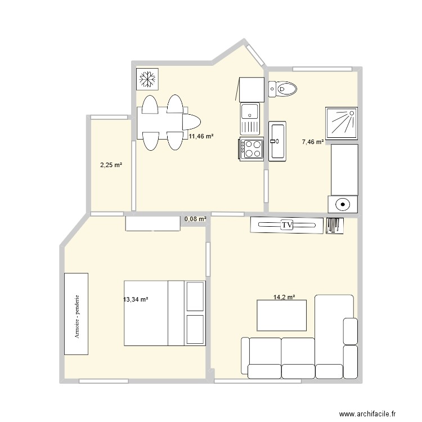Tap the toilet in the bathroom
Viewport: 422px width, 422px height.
[x=283, y=88]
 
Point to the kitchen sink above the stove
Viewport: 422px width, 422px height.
[x=250, y=118]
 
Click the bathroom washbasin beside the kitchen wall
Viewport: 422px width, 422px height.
[x=277, y=141]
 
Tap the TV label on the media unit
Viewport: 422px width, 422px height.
[x=287, y=225]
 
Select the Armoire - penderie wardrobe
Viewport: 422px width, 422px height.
[x=76, y=313]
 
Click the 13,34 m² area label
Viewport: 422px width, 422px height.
[x=136, y=300]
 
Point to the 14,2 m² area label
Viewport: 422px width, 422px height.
[x=284, y=297]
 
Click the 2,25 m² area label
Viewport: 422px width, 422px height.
[x=111, y=165]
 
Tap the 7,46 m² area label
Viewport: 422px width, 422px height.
[x=313, y=142]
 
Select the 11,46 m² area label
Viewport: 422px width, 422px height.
[x=201, y=136]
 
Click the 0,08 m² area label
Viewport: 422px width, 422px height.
[x=195, y=219]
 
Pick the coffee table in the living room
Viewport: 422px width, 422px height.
[x=282, y=315]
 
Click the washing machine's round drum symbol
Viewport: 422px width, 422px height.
[x=342, y=205]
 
